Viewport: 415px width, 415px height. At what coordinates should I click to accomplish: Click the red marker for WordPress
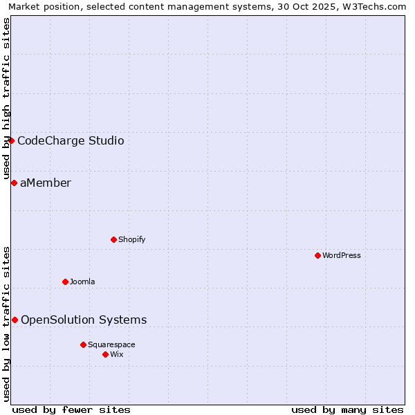317,255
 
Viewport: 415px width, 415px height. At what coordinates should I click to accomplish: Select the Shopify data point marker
113,239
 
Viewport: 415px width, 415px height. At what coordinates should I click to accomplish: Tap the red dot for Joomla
65,282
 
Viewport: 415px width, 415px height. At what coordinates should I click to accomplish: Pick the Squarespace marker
83,344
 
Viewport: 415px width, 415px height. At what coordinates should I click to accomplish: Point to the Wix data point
105,354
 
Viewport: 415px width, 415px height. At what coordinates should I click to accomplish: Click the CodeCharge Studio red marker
11,141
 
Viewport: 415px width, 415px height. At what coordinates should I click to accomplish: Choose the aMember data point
14,183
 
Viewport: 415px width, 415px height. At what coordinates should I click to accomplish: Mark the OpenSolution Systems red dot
15,320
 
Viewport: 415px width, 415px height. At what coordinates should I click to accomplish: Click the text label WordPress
342,255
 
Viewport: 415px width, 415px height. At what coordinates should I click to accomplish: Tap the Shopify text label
131,239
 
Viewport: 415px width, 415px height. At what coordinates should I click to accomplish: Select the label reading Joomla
82,282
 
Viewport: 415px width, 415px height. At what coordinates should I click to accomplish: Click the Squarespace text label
111,344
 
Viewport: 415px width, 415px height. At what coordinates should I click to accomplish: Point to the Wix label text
117,354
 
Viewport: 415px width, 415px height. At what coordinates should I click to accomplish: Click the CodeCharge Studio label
71,141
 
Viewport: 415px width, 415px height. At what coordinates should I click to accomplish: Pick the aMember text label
46,183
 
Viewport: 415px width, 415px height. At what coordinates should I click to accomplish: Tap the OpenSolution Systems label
84,320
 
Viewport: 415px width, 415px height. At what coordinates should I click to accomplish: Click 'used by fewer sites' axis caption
71,409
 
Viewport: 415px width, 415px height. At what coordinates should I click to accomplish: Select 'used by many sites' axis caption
347,409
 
